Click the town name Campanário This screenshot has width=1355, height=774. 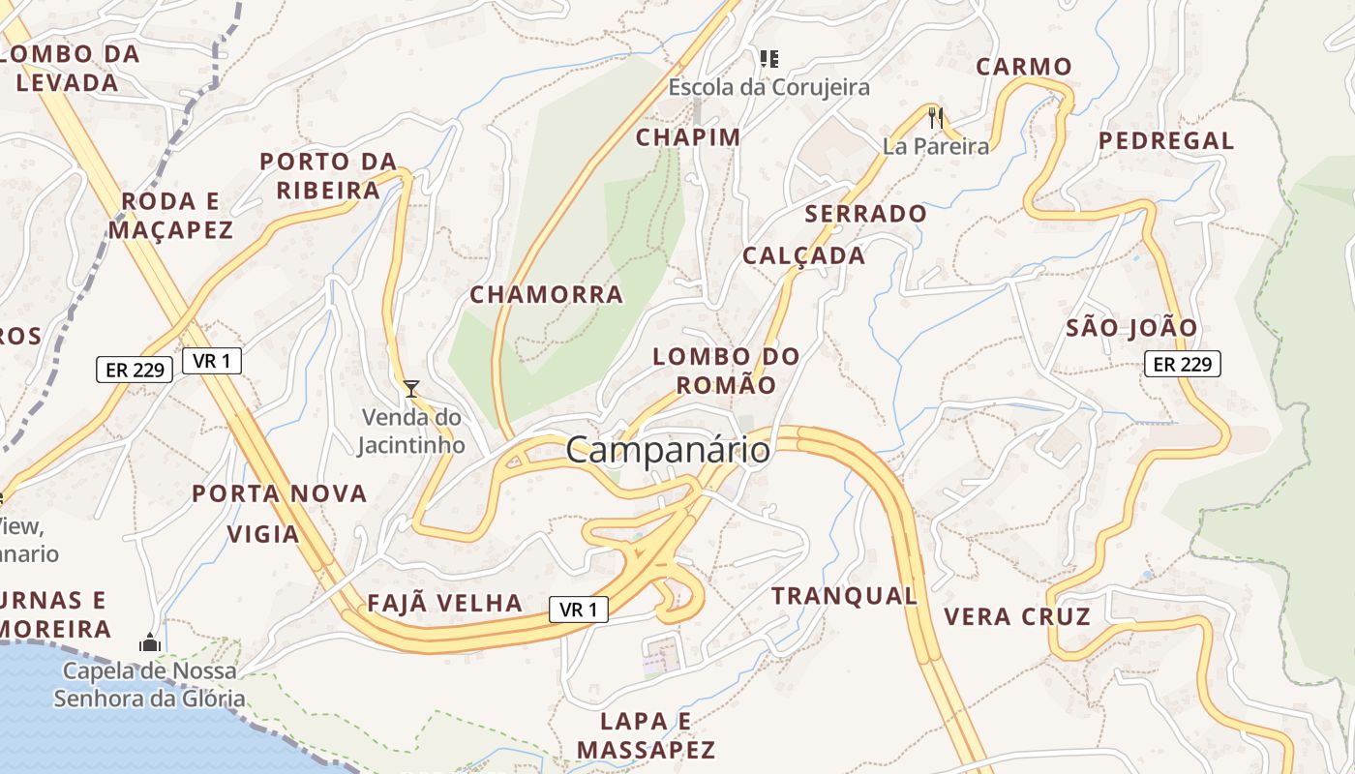(x=668, y=450)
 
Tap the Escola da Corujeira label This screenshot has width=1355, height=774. (x=768, y=88)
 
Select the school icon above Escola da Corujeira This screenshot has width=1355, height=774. (x=769, y=59)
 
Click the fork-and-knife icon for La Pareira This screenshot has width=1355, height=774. (x=935, y=118)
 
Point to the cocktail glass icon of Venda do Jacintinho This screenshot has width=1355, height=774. (x=411, y=389)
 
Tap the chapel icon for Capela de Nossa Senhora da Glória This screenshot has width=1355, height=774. (x=149, y=641)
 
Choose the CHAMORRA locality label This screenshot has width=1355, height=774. (x=546, y=295)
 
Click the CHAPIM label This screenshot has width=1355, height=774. (x=687, y=137)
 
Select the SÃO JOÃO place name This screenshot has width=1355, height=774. (x=1131, y=328)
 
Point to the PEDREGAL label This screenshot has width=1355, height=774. (x=1166, y=140)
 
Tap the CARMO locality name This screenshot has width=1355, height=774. (x=1023, y=67)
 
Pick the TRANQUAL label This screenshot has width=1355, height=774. (x=844, y=596)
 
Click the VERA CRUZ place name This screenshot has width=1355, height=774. (x=1016, y=616)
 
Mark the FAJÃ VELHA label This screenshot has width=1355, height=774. (x=444, y=604)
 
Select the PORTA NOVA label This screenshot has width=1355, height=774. (x=279, y=493)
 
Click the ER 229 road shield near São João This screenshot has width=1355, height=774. (x=1182, y=364)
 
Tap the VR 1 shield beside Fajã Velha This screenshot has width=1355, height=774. (x=579, y=610)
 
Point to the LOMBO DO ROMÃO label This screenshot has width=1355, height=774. (x=726, y=371)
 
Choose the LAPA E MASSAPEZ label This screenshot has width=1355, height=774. (x=646, y=734)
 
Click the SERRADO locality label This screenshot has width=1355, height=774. (x=865, y=214)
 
